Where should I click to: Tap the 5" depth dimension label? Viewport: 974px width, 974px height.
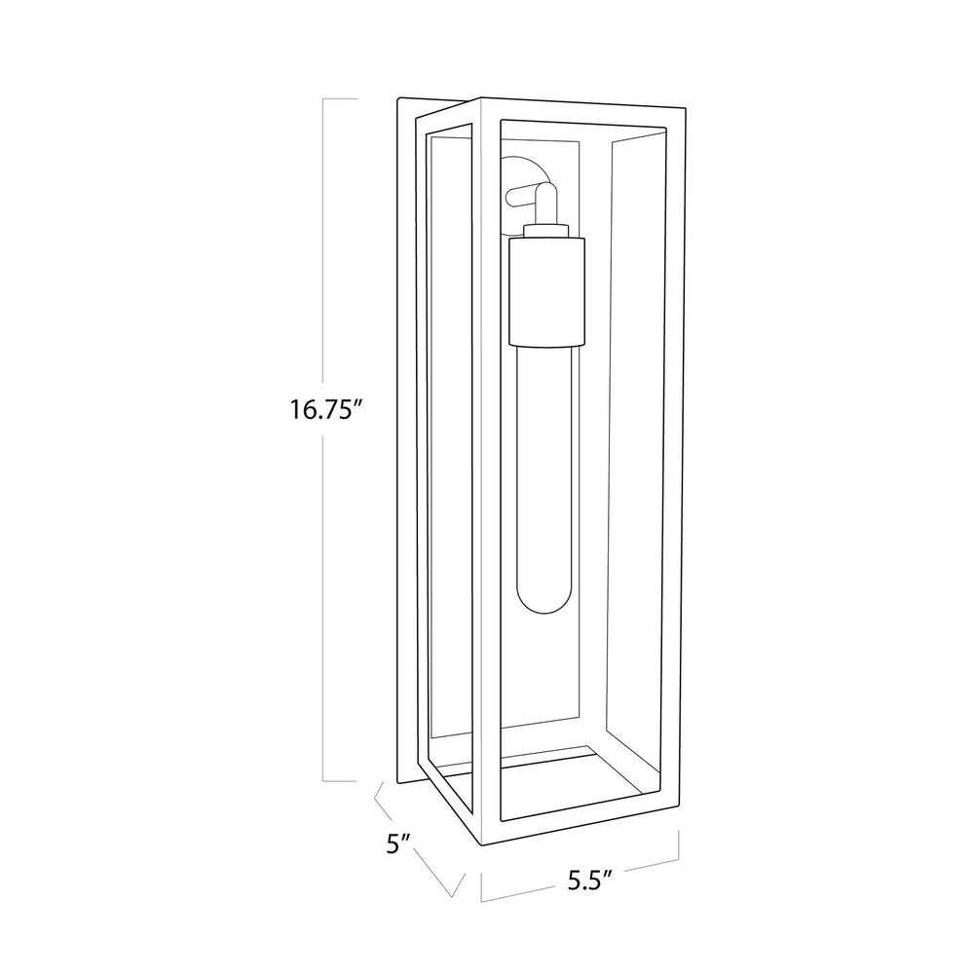(398, 844)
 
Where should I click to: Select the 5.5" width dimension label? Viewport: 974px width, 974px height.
(590, 880)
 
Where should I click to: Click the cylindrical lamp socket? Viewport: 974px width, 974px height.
(546, 291)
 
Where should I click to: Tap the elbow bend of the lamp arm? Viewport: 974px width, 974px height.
(547, 194)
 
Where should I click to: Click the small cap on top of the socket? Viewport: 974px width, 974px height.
(546, 231)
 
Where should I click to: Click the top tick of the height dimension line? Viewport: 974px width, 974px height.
(340, 98)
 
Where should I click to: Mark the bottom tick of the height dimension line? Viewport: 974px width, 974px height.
(340, 781)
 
